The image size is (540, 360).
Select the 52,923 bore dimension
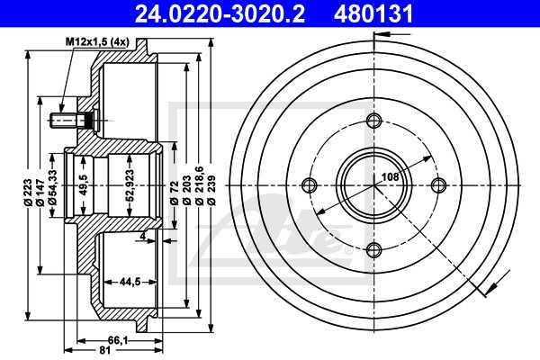(131, 184)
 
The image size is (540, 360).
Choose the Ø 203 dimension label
(186, 192)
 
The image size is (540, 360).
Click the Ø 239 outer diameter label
(211, 192)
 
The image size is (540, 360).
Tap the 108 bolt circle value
(389, 177)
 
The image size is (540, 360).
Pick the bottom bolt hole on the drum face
(374, 248)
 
